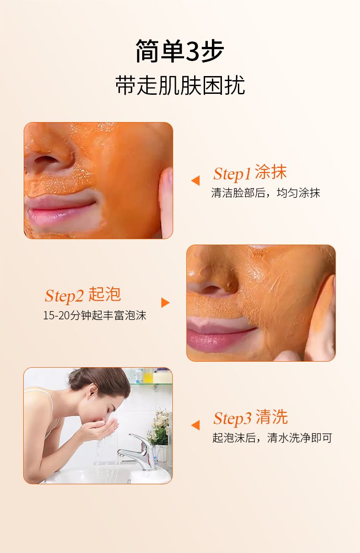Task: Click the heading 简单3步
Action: point(180,51)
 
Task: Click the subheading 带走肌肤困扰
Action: point(180,85)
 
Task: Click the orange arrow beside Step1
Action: point(195,180)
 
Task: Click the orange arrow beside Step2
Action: point(165,302)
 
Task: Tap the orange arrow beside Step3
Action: point(195,425)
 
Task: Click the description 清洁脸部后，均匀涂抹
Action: point(265,193)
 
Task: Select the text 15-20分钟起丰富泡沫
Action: point(95,315)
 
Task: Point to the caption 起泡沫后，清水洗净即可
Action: point(272,438)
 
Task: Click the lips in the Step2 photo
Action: point(220,334)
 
